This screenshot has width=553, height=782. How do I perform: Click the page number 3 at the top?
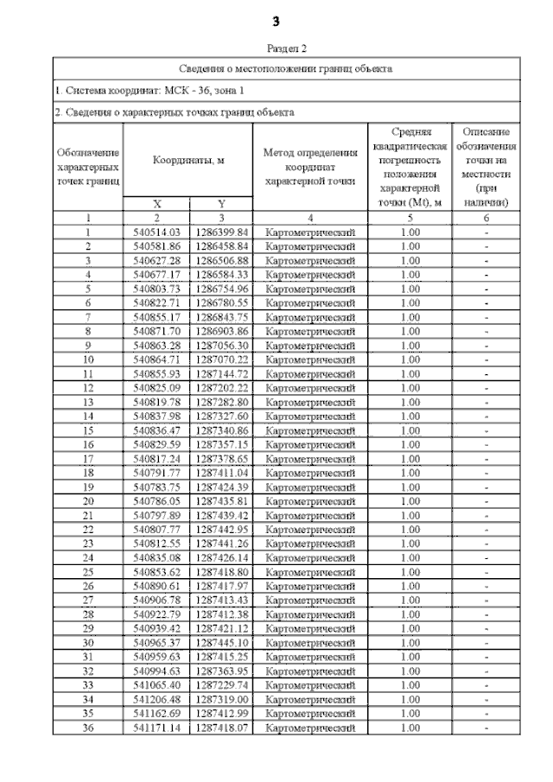click(x=276, y=21)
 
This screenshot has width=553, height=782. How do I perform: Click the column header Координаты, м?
click(x=188, y=160)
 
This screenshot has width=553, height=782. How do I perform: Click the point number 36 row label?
click(x=88, y=728)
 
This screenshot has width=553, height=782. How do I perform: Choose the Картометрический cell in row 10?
click(x=309, y=359)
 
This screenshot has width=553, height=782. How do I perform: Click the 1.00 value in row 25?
click(x=410, y=572)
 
